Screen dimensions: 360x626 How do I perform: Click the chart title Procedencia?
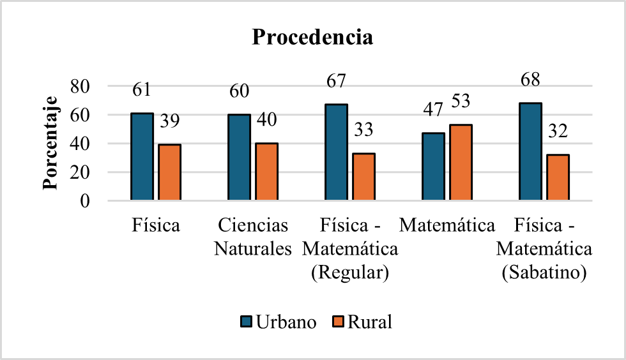pyautogui.click(x=312, y=37)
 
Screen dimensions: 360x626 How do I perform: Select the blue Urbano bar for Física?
pyautogui.click(x=142, y=157)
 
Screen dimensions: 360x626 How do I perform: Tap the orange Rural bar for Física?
pyautogui.click(x=169, y=172)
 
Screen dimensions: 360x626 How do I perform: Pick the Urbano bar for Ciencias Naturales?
pyautogui.click(x=239, y=158)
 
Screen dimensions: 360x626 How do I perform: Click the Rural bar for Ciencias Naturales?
pyautogui.click(x=266, y=172)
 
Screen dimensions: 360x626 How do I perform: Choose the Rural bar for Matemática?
pyautogui.click(x=461, y=163)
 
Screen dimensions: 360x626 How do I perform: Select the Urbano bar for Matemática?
pyautogui.click(x=433, y=167)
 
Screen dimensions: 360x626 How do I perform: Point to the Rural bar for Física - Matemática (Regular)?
pyautogui.click(x=363, y=177)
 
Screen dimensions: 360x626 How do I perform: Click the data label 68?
pyautogui.click(x=530, y=80)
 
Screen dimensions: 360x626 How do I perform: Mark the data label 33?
pyautogui.click(x=363, y=130)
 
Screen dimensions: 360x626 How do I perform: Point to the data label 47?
pyautogui.click(x=432, y=110)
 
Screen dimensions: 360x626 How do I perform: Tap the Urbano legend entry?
pyautogui.click(x=279, y=322)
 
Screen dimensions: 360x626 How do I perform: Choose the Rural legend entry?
pyautogui.click(x=362, y=322)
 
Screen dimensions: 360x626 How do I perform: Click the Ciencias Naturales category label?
pyautogui.click(x=253, y=237)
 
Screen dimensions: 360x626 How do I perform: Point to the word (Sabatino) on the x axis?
pyautogui.click(x=545, y=273)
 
